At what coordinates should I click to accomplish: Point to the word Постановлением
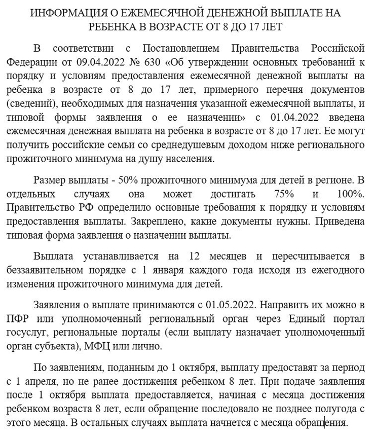click(x=181, y=49)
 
